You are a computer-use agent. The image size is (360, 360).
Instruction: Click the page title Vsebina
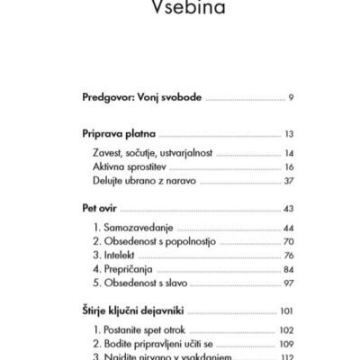tap(180, 11)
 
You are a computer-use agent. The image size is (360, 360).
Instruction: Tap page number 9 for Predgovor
tap(288, 95)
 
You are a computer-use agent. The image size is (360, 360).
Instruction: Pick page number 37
tap(288, 183)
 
